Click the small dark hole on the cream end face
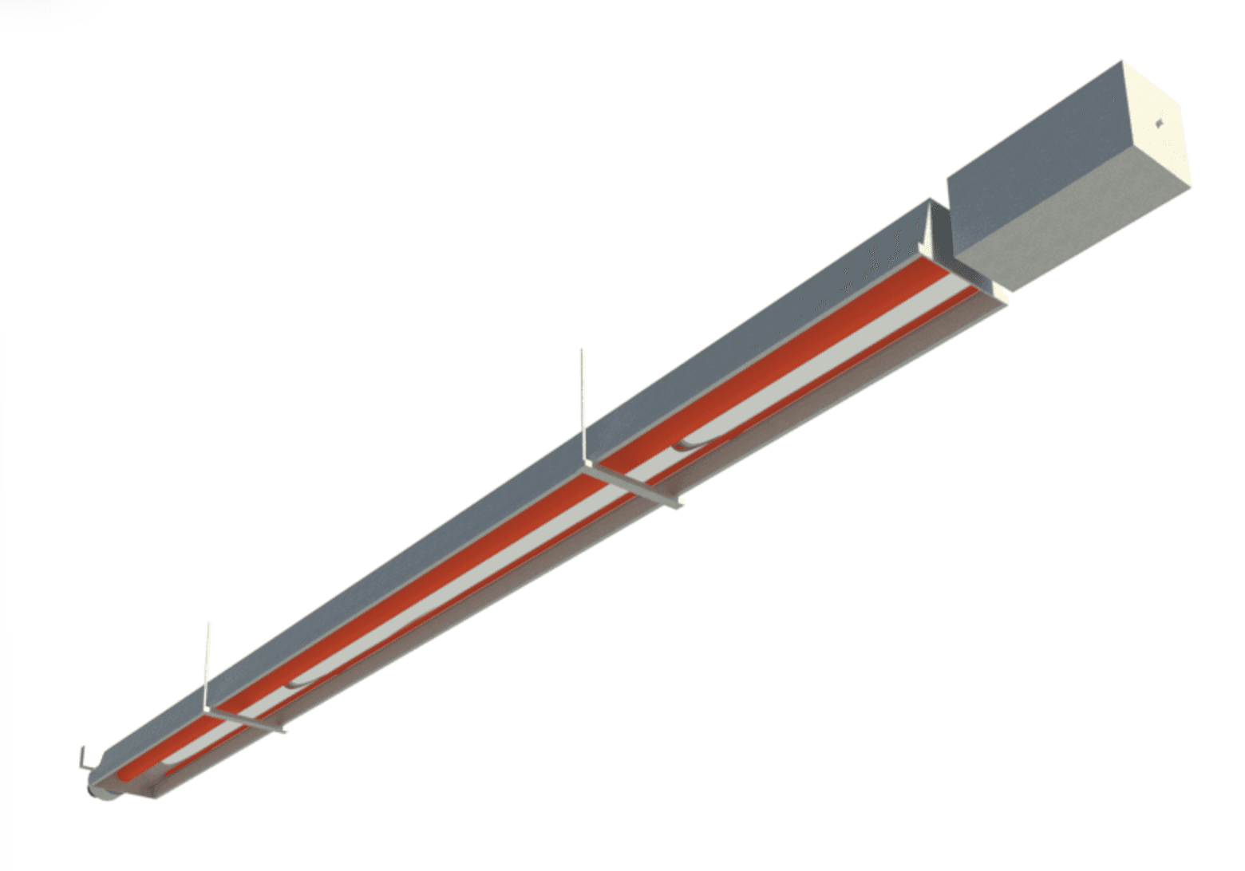pyautogui.click(x=1158, y=122)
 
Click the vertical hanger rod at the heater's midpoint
pyautogui.click(x=582, y=407)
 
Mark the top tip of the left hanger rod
pyautogui.click(x=208, y=624)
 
